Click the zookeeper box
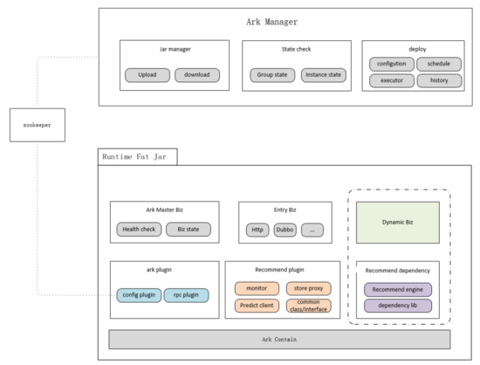pos(38,125)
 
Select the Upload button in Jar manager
pos(147,75)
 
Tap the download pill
pos(197,75)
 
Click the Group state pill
pos(272,75)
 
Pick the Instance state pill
pos(324,75)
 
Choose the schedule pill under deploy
pos(439,64)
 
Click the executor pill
pos(392,80)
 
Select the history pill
pos(439,80)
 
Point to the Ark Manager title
pos(272,22)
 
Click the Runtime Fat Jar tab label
pos(134,157)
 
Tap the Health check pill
pos(139,230)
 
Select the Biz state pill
pos(189,230)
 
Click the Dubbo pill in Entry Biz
pos(285,230)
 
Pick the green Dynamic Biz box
pos(398,223)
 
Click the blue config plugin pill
pos(139,295)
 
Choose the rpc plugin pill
pos(186,295)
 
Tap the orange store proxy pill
pos(309,288)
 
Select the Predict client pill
pos(257,306)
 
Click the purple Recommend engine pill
pos(398,290)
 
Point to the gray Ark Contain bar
pos(279,340)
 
